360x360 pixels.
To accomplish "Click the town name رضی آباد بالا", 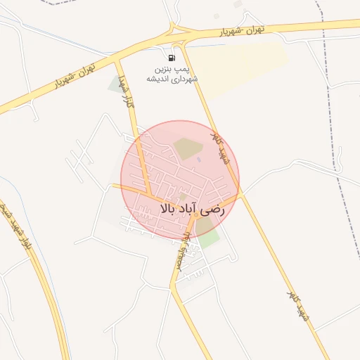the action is click(x=191, y=209).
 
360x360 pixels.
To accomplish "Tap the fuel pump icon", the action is click(x=173, y=58).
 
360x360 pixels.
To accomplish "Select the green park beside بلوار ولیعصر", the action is click(x=207, y=231).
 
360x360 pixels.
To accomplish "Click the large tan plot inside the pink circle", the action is click(x=187, y=148).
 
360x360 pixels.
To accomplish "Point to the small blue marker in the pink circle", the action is click(x=199, y=159).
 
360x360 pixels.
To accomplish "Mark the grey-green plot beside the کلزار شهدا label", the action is click(x=115, y=84).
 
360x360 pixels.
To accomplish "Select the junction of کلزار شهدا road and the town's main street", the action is click(x=150, y=196).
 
